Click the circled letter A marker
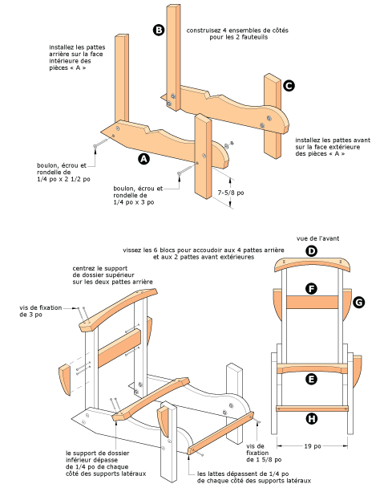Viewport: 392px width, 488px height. point(144,159)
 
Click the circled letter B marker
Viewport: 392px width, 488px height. point(159,30)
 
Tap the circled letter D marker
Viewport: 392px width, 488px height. point(312,251)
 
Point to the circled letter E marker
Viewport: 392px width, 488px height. point(312,379)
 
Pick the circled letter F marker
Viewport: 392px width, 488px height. point(312,287)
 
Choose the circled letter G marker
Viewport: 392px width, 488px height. point(359,302)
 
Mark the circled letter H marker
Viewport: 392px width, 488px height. point(312,417)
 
